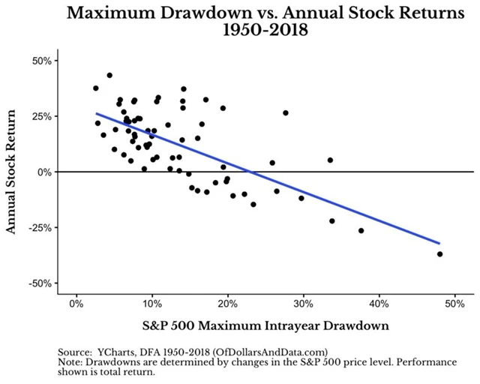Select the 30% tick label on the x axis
[x=303, y=304]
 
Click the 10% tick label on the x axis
[x=151, y=304]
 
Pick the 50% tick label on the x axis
[x=454, y=304]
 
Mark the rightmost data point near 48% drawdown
[x=439, y=254]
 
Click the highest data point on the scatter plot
[x=109, y=76]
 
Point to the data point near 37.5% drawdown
[x=361, y=230]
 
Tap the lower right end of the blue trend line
[x=439, y=243]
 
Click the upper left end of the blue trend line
[x=97, y=114]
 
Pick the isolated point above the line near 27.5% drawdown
[x=286, y=112]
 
